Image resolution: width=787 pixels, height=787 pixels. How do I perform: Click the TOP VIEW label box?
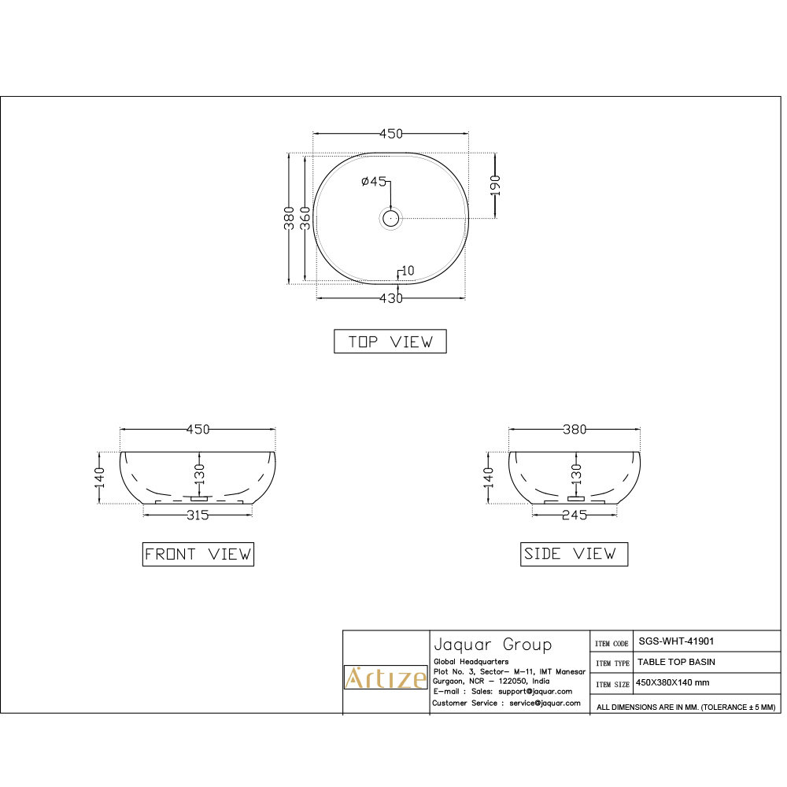[390, 342]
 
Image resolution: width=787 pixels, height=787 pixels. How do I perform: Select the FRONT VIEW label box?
[198, 554]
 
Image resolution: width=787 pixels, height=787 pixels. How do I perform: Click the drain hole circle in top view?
[391, 218]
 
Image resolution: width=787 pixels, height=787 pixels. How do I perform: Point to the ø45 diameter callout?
[374, 182]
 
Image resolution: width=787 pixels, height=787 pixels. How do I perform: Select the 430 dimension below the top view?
[391, 298]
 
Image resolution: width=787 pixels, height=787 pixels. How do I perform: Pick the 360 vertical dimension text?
[306, 216]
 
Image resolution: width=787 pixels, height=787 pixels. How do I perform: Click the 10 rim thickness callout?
[406, 272]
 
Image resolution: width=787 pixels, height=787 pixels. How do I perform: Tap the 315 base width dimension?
[198, 515]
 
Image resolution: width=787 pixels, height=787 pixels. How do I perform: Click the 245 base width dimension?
[575, 515]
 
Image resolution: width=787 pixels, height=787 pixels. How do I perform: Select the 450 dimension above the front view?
[198, 430]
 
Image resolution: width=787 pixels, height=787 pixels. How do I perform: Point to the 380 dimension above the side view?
[575, 430]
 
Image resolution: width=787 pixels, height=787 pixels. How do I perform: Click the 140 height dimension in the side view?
[489, 475]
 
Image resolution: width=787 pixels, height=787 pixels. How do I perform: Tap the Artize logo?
[386, 677]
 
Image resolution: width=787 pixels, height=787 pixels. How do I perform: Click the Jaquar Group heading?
[493, 645]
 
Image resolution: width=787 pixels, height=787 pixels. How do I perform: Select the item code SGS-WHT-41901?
[676, 641]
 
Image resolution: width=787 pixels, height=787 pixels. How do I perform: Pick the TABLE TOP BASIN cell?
[676, 662]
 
